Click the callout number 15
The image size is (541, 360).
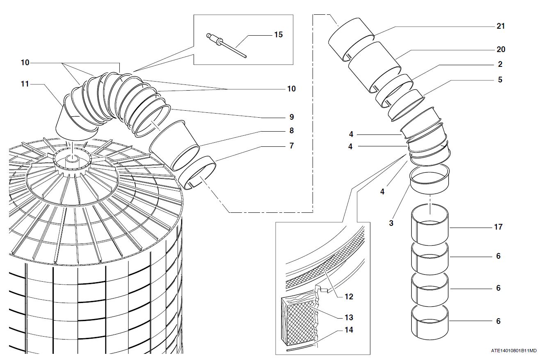pyautogui.click(x=278, y=34)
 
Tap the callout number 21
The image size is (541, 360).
pyautogui.click(x=500, y=26)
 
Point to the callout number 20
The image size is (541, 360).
pyautogui.click(x=500, y=49)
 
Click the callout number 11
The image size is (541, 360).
pyautogui.click(x=25, y=84)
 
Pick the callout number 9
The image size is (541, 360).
pyautogui.click(x=292, y=117)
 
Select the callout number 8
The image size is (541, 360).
pyautogui.click(x=292, y=131)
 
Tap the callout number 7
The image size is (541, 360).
pyautogui.click(x=292, y=146)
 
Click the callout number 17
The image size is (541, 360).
pyautogui.click(x=498, y=227)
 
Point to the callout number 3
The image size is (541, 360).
pyautogui.click(x=391, y=223)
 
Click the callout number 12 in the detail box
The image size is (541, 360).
pyautogui.click(x=349, y=296)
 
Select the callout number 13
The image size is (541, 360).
pyautogui.click(x=349, y=317)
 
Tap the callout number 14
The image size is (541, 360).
pyautogui.click(x=349, y=330)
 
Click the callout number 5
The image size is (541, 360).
pyautogui.click(x=500, y=80)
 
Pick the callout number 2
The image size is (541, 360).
pyautogui.click(x=500, y=64)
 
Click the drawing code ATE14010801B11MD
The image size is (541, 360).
pyautogui.click(x=514, y=351)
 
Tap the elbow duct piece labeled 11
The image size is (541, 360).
pyautogui.click(x=76, y=121)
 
